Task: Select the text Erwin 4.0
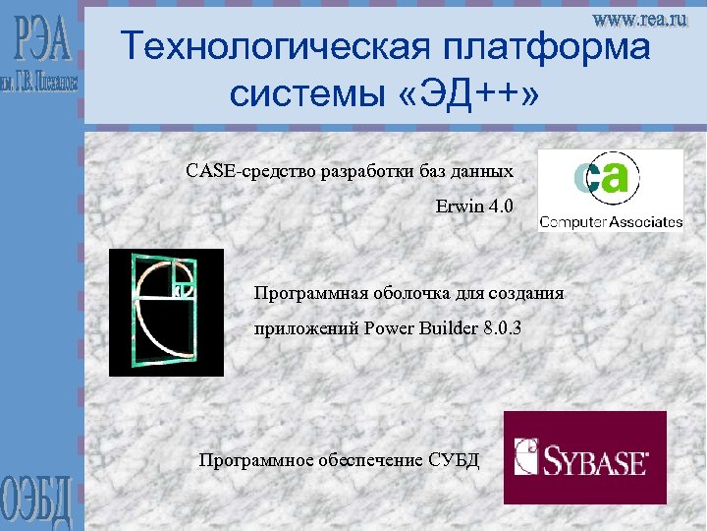(474, 208)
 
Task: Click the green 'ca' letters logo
(605, 179)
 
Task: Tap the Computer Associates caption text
(611, 221)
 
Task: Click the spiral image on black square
(166, 313)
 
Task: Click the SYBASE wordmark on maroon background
(598, 459)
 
